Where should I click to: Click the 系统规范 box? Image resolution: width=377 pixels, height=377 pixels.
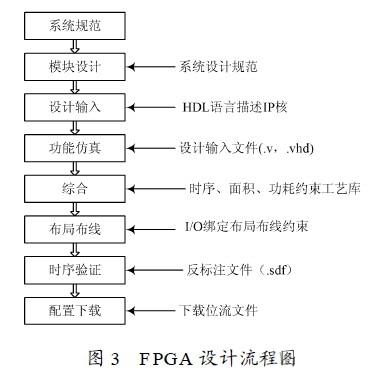[x=75, y=22]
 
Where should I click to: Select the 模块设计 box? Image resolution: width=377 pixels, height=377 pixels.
[x=75, y=67]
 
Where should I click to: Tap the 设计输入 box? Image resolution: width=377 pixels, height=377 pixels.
[x=75, y=107]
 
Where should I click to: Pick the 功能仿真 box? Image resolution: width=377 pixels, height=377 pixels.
[x=75, y=148]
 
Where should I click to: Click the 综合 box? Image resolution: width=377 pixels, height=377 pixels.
[x=75, y=188]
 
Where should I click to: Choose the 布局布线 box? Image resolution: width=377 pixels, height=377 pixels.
[x=75, y=228]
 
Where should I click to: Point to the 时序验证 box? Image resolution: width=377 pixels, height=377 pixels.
[x=75, y=269]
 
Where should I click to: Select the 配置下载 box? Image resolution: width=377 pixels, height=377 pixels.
[x=75, y=311]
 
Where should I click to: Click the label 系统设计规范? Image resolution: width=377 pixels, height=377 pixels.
[x=220, y=67]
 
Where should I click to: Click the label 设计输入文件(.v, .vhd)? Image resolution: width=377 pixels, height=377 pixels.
[x=247, y=148]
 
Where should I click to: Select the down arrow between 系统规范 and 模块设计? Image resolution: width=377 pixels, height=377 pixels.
[x=75, y=44]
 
